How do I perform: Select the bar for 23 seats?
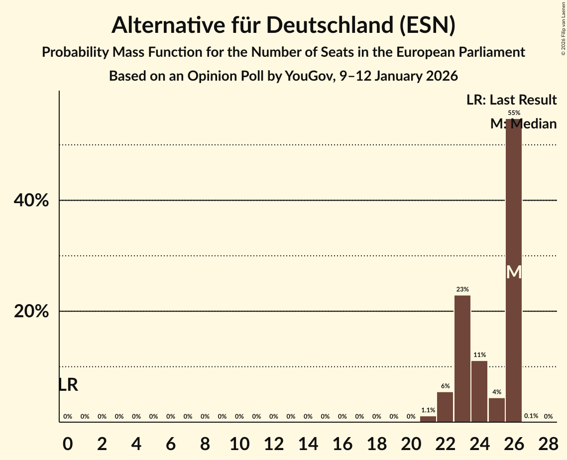coord(462,358)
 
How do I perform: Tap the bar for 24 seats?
coord(479,391)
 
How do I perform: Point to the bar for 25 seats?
coord(497,410)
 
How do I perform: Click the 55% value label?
coord(514,113)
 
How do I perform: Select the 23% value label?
coord(462,289)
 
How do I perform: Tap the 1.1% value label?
coord(428,410)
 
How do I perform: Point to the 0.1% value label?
coord(531,416)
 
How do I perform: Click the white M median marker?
coord(514,272)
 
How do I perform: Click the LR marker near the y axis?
coord(68,385)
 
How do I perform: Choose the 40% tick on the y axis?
coord(31,201)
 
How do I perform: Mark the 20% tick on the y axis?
coord(31,312)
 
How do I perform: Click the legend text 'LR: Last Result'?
coord(511,100)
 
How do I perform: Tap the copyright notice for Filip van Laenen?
coord(563,35)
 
